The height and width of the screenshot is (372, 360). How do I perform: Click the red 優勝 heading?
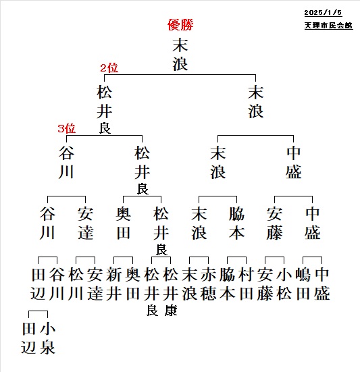[x=180, y=25]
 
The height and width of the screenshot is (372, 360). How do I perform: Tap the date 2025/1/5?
[x=323, y=13]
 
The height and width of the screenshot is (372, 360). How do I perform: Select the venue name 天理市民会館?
[x=328, y=26]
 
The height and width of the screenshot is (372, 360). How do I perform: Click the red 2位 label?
[x=109, y=68]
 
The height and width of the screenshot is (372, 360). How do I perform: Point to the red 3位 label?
[x=66, y=128]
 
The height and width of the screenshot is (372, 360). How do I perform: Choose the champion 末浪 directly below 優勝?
[x=180, y=55]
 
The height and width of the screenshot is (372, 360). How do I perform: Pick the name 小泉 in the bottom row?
[x=48, y=338]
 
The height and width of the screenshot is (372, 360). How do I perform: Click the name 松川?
[x=76, y=284]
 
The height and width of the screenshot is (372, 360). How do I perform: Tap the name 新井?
[x=113, y=284]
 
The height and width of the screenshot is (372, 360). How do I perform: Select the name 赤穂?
[x=208, y=284]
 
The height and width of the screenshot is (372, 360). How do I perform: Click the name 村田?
[x=247, y=284]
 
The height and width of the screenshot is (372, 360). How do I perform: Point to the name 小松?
[x=284, y=284]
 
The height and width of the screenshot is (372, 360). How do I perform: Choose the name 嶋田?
[x=303, y=284]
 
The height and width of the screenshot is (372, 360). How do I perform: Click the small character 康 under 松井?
[x=171, y=311]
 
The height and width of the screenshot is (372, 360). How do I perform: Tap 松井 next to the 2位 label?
[x=105, y=101]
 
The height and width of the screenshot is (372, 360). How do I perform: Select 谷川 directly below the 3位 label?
[x=66, y=163]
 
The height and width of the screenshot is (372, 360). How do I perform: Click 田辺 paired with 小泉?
[x=29, y=338]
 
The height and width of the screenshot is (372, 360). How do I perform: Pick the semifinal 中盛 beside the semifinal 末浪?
[x=294, y=163]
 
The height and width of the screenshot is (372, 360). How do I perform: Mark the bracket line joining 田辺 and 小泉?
[x=38, y=311]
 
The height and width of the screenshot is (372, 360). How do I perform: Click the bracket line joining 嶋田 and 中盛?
[x=312, y=257]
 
